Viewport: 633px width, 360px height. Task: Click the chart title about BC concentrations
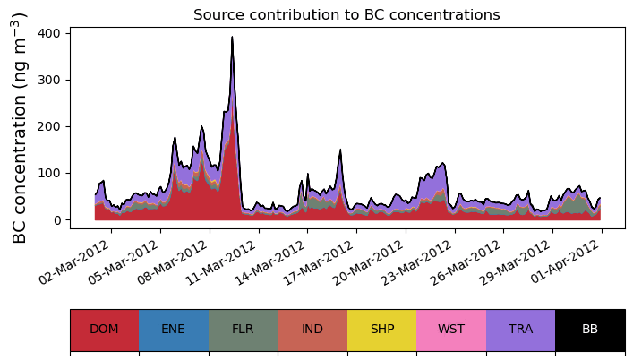[x=346, y=15]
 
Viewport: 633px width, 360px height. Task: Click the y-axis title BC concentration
[x=20, y=127]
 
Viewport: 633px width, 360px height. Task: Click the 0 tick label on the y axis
[x=56, y=220]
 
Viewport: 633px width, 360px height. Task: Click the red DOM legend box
[x=104, y=330]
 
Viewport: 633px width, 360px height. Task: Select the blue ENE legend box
[x=174, y=330]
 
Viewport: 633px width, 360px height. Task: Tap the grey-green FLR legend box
[x=243, y=330]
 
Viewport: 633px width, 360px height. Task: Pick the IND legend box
[x=312, y=330]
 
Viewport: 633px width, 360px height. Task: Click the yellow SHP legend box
[x=382, y=330]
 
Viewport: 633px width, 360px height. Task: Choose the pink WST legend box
[x=451, y=330]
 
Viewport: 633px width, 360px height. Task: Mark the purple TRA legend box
[x=520, y=330]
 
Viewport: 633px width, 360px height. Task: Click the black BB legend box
[x=590, y=330]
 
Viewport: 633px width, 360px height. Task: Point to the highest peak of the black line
[x=232, y=38]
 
